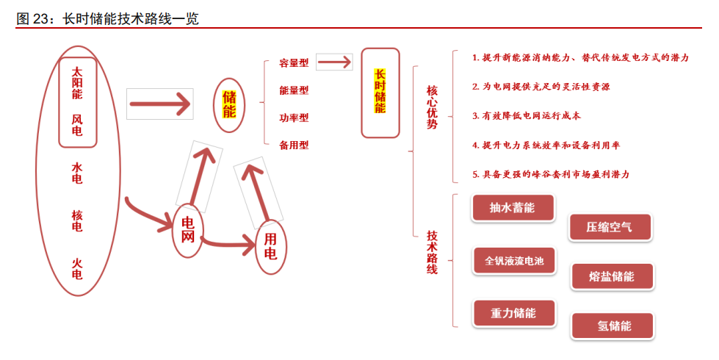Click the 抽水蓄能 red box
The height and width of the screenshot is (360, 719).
click(x=512, y=208)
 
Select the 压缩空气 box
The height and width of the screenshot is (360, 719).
click(x=610, y=227)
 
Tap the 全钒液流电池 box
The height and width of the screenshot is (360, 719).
click(x=514, y=261)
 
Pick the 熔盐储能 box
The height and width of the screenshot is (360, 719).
click(x=612, y=277)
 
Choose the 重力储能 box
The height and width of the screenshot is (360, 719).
click(x=513, y=313)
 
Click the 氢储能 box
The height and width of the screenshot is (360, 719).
click(x=614, y=326)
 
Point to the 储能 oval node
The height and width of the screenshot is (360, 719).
click(x=229, y=104)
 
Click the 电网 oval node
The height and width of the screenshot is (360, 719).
click(x=188, y=231)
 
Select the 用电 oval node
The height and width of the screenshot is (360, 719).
click(x=270, y=247)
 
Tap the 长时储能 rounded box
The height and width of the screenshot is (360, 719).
click(x=380, y=93)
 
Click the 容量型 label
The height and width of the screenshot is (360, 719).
click(x=294, y=63)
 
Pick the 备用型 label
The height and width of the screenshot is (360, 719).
click(x=294, y=145)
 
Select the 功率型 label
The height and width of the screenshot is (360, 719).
click(x=294, y=118)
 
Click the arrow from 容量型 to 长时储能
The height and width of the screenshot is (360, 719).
click(x=335, y=62)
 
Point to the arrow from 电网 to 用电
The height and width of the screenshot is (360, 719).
click(x=229, y=241)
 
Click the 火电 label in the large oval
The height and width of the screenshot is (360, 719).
click(x=77, y=268)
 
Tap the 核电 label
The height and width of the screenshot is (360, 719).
click(x=77, y=220)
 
